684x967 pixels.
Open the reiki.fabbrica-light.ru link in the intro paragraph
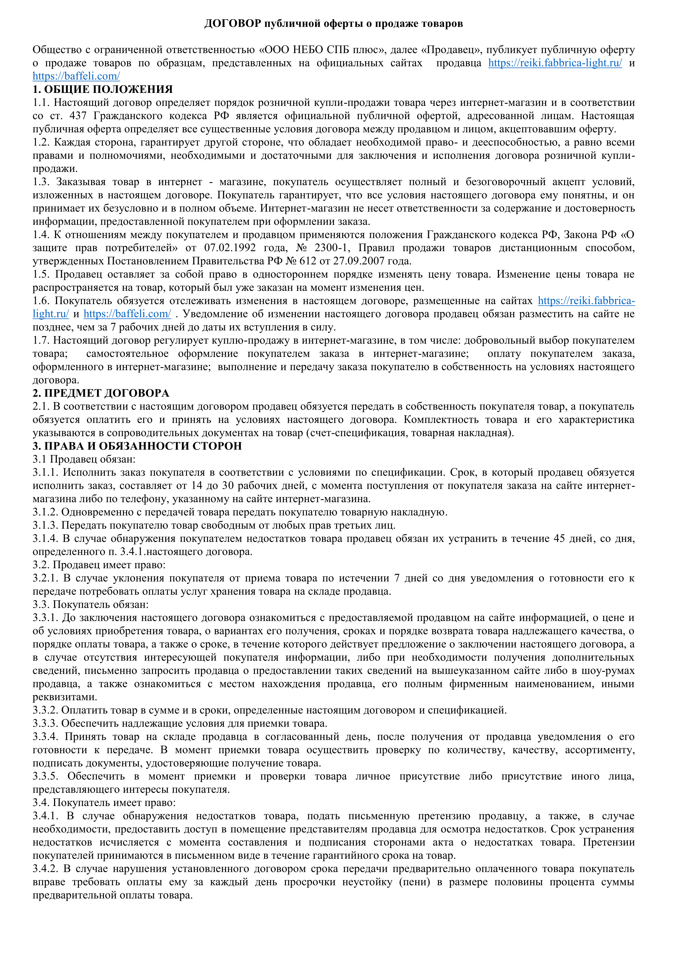[x=555, y=63]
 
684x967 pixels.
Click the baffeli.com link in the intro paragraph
[x=76, y=76]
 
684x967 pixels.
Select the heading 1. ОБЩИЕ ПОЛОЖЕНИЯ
[x=103, y=89]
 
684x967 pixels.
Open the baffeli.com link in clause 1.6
[x=127, y=314]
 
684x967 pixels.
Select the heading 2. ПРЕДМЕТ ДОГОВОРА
[x=101, y=393]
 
